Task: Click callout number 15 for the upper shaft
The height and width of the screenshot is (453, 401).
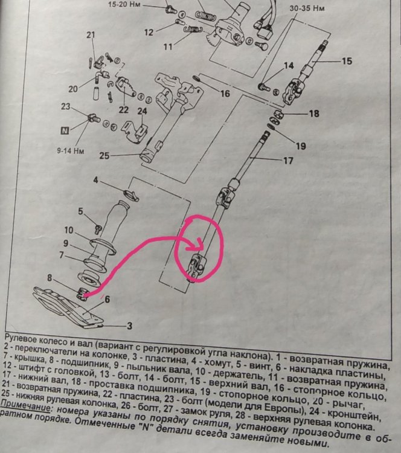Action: (x=346, y=60)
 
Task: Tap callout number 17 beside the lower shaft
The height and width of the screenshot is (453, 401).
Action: (x=287, y=161)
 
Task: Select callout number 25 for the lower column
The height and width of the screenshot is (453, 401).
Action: (x=103, y=156)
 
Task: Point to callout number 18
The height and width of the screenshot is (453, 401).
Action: (x=313, y=113)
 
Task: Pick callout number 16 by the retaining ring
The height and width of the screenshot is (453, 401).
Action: (x=225, y=94)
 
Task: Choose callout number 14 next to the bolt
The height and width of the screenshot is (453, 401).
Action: (x=288, y=65)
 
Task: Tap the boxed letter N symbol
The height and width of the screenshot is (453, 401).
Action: (x=65, y=129)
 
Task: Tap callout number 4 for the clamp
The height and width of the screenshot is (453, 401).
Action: (x=96, y=180)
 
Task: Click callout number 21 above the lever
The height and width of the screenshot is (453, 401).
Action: (x=91, y=35)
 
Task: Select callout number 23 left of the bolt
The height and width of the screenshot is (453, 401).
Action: (x=66, y=107)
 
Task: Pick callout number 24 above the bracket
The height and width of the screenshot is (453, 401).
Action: (x=142, y=111)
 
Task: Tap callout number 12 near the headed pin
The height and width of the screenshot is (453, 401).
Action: (x=149, y=31)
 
